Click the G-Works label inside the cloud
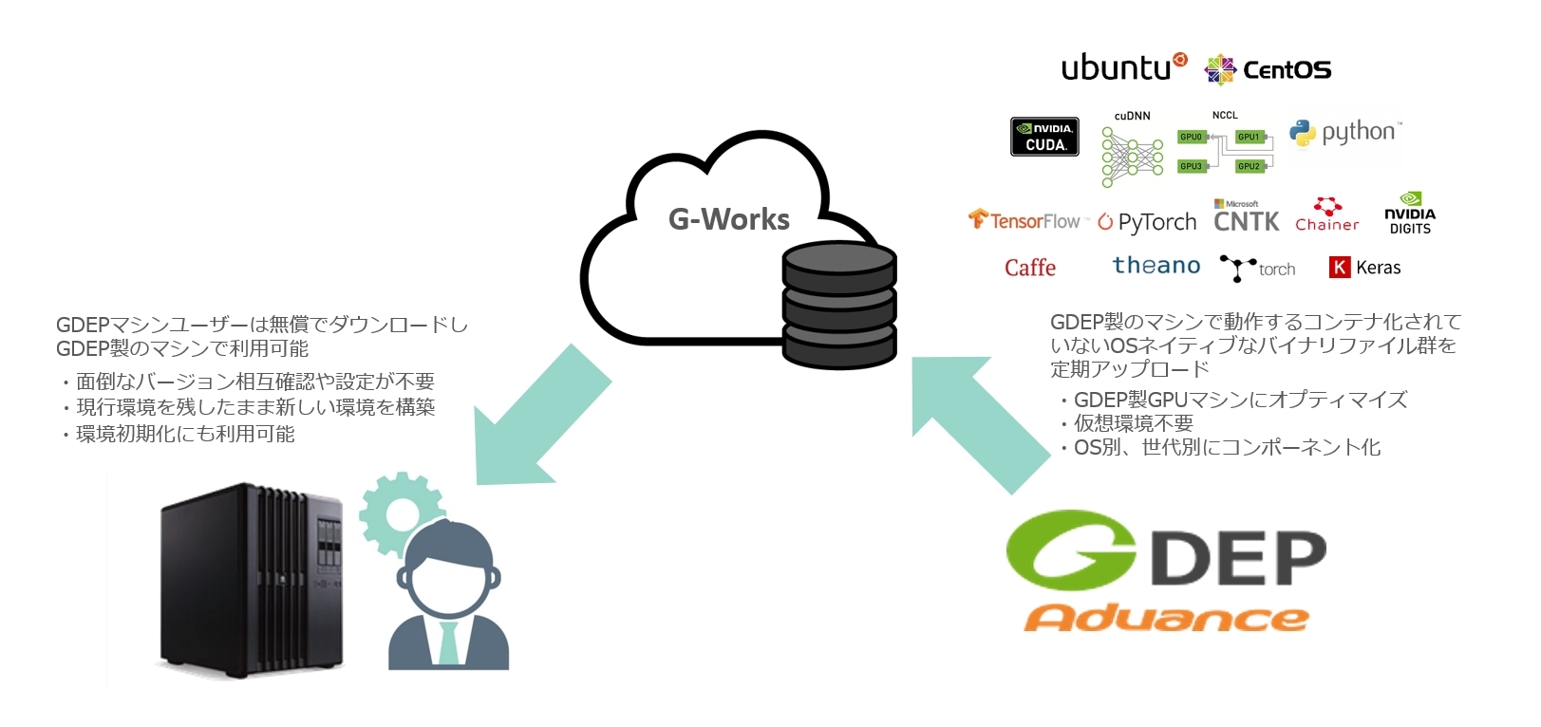pyautogui.click(x=729, y=219)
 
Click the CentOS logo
pyautogui.click(x=1268, y=69)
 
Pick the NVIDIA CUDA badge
pyautogui.click(x=1044, y=137)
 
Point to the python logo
pyautogui.click(x=1345, y=133)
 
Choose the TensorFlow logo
pyautogui.click(x=1024, y=220)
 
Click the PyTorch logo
pyautogui.click(x=1147, y=222)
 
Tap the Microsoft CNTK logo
pyautogui.click(x=1246, y=217)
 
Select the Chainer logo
pyautogui.click(x=1326, y=215)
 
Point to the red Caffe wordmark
pyautogui.click(x=1030, y=268)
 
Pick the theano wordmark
pyautogui.click(x=1156, y=266)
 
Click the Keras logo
pyautogui.click(x=1364, y=268)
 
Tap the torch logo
pyautogui.click(x=1258, y=269)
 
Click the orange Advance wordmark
pyautogui.click(x=1166, y=618)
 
